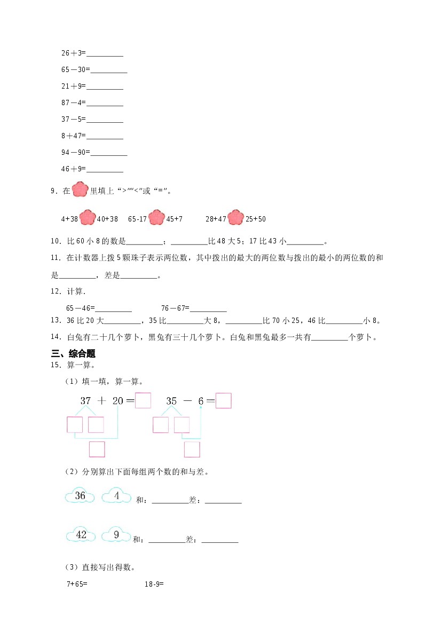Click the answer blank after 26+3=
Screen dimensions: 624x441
[x=105, y=54]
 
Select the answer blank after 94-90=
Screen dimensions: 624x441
[x=109, y=153]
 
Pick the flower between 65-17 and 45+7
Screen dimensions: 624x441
[x=156, y=218]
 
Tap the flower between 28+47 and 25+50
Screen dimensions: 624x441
[x=235, y=218]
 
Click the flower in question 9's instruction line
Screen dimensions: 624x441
[x=80, y=190]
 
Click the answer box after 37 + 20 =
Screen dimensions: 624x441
[x=143, y=400]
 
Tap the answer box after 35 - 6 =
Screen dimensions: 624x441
[x=223, y=400]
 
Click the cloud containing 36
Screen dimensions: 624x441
[x=80, y=496]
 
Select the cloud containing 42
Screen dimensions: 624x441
[x=81, y=535]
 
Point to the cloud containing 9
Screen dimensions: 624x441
[x=116, y=535]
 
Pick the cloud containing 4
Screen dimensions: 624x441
[x=116, y=496]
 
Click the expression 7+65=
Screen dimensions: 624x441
[x=77, y=584]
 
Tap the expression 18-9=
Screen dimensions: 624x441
[x=154, y=584]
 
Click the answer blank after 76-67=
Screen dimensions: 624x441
[x=208, y=309]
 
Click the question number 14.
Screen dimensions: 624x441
[x=55, y=337]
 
